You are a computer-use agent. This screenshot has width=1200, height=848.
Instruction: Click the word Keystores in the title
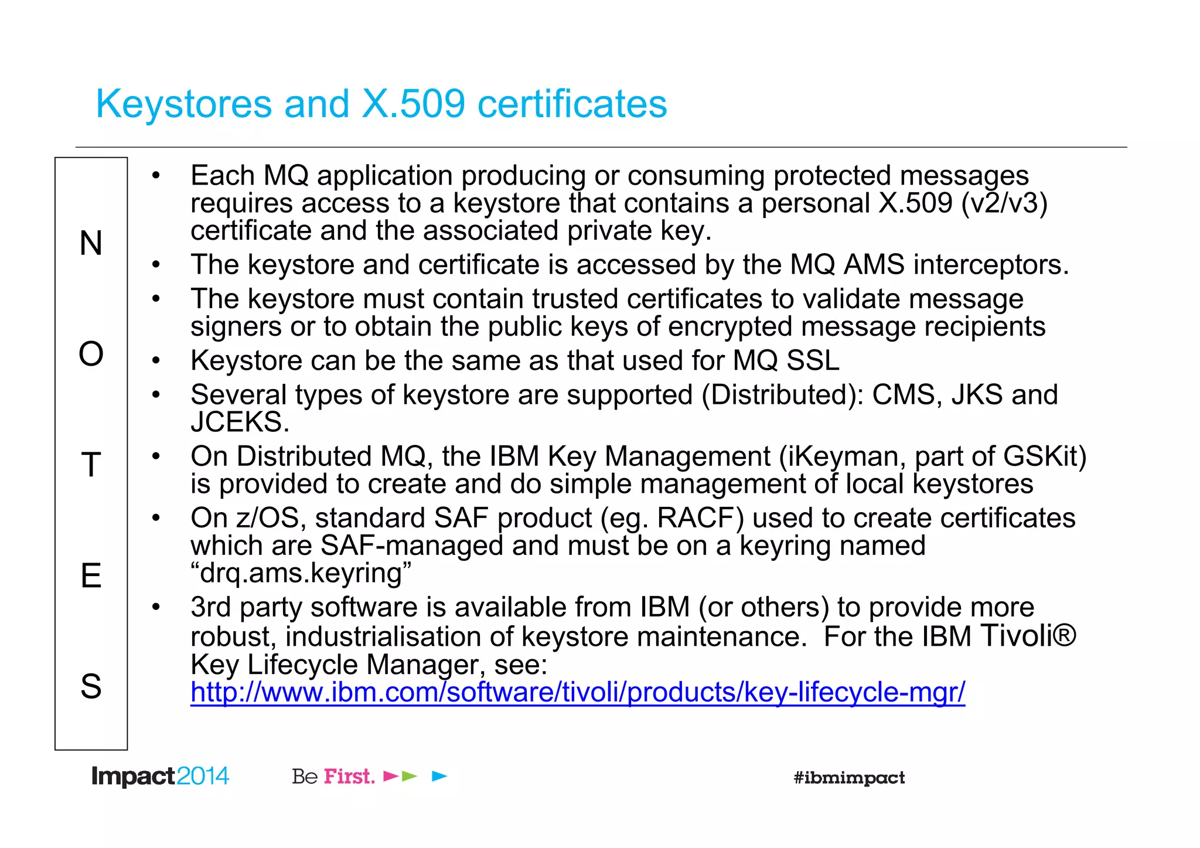184,104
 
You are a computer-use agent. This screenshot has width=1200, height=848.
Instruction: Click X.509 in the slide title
414,104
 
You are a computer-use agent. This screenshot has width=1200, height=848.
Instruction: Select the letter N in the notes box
91,243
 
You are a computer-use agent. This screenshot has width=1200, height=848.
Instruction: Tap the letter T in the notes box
91,465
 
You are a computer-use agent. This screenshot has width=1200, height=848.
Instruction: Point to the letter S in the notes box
91,686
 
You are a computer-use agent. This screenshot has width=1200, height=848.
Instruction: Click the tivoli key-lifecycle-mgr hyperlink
577,692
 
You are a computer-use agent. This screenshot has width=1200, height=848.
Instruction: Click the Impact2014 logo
160,777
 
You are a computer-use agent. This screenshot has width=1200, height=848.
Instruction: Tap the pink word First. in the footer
349,777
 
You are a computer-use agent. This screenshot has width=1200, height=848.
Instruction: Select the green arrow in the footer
410,777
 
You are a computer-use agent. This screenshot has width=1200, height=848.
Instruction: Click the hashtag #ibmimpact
849,778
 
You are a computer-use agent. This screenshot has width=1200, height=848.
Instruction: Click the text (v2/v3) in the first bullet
1004,203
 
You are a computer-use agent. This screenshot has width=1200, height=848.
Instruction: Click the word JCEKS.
240,423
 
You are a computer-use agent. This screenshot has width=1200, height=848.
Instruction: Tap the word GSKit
1045,457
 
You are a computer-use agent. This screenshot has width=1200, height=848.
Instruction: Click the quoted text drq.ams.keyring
301,573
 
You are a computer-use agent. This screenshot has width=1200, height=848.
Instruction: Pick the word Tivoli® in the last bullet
1028,636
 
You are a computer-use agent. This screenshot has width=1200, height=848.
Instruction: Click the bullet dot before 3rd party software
155,607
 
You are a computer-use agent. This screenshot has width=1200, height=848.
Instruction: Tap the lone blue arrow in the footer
439,777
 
